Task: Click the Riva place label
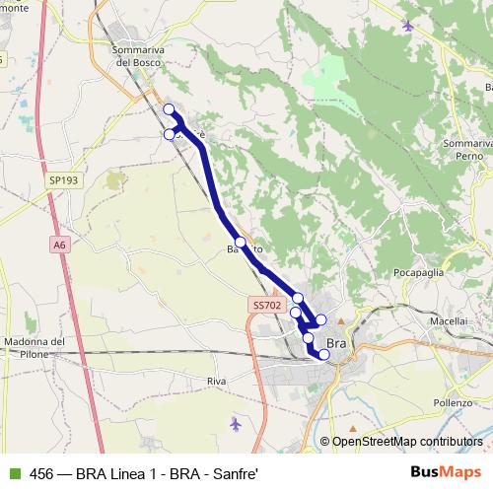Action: [x=218, y=380]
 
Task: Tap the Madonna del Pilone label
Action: [x=34, y=348]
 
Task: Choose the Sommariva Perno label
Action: [x=466, y=151]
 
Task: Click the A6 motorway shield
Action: [x=59, y=245]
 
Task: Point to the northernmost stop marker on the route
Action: [x=169, y=109]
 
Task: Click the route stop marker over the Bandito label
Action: [x=240, y=242]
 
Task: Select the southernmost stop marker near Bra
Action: [x=323, y=354]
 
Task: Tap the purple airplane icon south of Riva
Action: [x=235, y=424]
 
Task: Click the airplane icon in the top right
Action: [x=408, y=26]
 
